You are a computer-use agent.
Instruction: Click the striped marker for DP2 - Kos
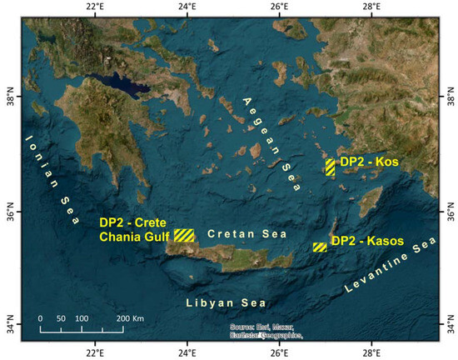pos(331,167)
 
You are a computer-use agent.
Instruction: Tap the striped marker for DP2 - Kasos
pos(320,247)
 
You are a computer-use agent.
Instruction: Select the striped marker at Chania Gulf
pos(184,235)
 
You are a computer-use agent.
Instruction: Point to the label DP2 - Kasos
pos(367,242)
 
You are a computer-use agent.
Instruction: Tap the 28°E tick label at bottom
pos(371,351)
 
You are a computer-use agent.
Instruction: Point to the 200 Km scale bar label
pos(129,319)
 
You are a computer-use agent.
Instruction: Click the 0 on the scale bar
pos(40,319)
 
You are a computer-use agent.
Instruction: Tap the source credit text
pos(266,331)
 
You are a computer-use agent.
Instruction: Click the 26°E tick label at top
pos(279,7)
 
